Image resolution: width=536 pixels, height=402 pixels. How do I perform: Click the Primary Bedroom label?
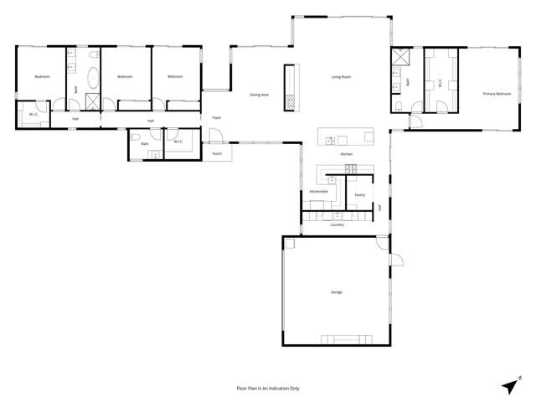(x=497, y=95)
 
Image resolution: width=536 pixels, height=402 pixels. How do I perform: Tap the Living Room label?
(x=340, y=77)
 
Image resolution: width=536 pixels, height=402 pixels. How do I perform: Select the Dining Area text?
(x=259, y=95)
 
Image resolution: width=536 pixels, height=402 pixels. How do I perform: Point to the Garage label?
(x=337, y=292)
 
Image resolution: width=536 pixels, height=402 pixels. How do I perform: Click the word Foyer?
(x=216, y=118)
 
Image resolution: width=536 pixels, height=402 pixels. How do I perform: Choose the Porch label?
(x=217, y=154)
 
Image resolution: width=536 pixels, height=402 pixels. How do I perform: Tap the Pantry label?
(x=359, y=195)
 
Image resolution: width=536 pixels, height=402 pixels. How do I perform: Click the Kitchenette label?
(x=318, y=191)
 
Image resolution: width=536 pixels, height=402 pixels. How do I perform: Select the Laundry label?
(x=337, y=224)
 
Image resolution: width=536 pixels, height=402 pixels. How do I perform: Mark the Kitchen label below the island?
(x=346, y=155)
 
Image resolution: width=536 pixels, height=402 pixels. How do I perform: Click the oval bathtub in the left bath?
(x=92, y=82)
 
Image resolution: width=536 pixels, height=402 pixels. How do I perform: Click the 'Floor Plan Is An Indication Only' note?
(x=268, y=389)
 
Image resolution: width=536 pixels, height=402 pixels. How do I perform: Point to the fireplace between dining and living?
(x=290, y=86)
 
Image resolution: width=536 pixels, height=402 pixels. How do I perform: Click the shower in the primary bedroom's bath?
(x=396, y=59)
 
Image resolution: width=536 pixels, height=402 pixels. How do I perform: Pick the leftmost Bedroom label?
(x=42, y=77)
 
